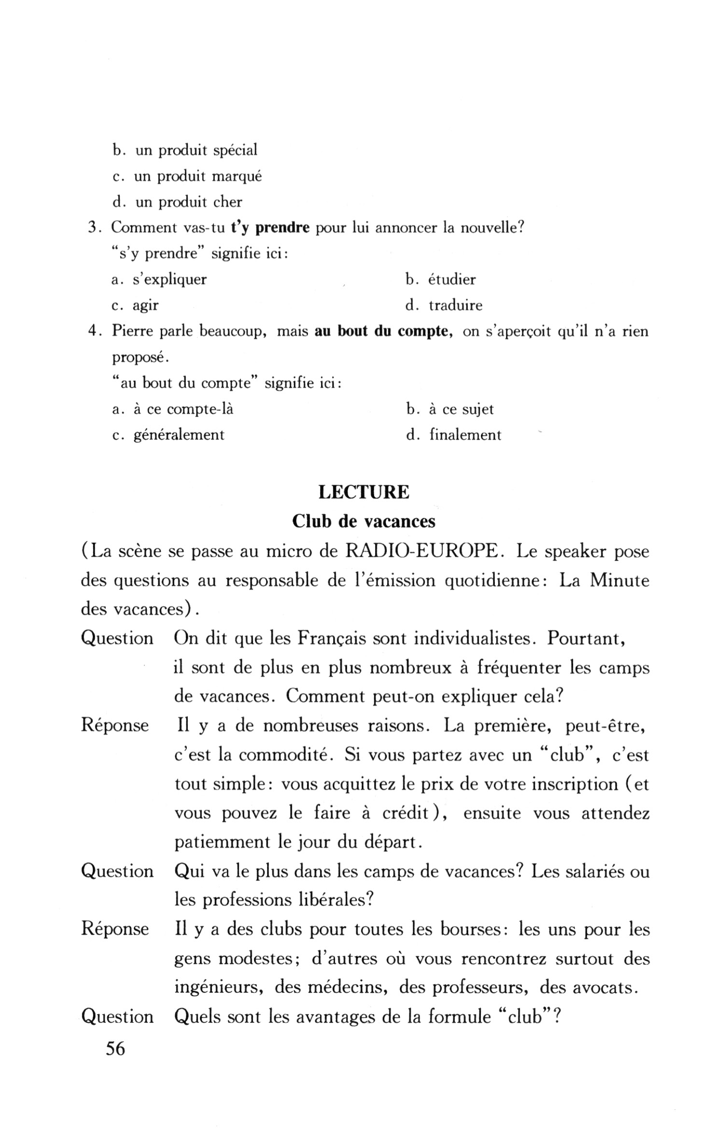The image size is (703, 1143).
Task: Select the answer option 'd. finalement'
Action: click(454, 435)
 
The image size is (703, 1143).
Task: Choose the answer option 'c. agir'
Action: click(135, 305)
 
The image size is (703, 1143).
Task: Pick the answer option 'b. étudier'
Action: click(440, 279)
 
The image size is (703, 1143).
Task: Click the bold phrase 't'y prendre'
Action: click(270, 227)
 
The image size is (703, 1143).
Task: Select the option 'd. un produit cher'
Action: click(177, 202)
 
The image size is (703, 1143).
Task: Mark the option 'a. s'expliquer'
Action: click(159, 279)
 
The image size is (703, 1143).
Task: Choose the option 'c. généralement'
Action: click(168, 435)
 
